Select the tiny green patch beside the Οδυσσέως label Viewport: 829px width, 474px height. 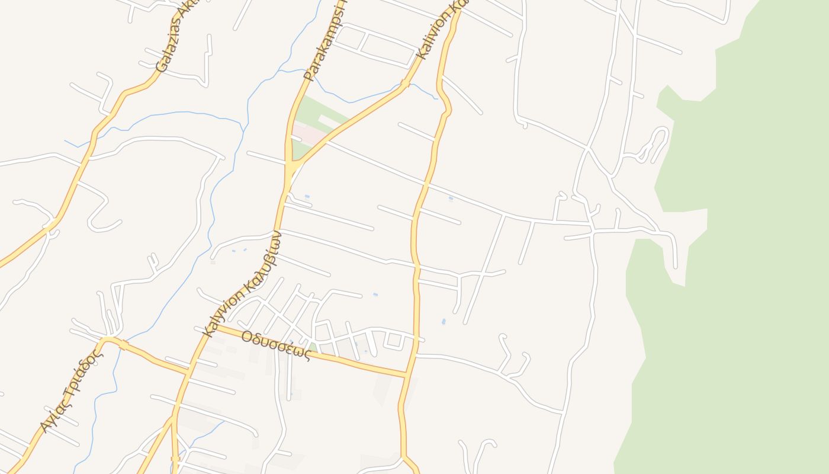point(312,347)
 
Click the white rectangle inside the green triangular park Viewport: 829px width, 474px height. point(329,121)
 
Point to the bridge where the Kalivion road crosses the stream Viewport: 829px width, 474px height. point(405,85)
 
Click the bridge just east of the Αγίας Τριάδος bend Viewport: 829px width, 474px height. point(123,344)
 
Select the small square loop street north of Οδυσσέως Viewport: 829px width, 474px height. point(394,341)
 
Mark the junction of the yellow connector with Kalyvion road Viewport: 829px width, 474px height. point(188,371)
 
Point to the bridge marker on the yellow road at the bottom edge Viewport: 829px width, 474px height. point(175,459)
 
